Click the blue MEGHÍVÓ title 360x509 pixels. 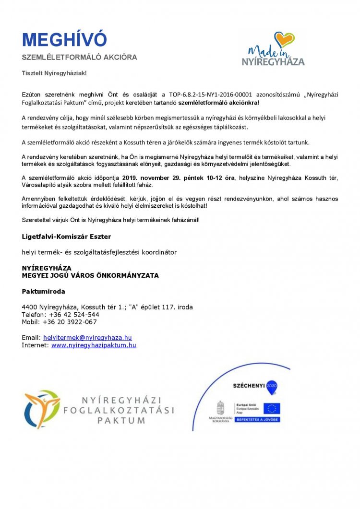64,40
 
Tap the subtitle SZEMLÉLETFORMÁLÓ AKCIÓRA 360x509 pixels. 79,57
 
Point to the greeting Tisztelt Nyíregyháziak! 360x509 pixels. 54,73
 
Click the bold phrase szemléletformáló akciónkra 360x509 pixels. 218,103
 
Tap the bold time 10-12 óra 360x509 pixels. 220,178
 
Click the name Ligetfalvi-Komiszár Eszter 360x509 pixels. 66,237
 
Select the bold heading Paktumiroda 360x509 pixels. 43,291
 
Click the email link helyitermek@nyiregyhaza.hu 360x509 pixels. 87,337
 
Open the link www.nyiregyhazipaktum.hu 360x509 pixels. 94,345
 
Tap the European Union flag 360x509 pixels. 272,408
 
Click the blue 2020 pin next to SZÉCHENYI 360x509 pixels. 272,386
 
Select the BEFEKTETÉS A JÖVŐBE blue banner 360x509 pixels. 257,419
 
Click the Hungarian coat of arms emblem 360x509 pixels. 221,408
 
